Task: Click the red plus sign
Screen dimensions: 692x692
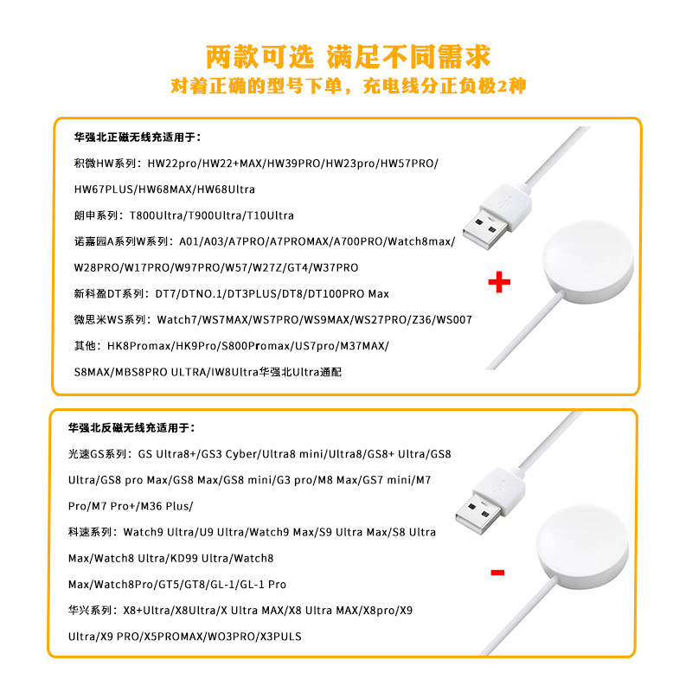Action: point(498,283)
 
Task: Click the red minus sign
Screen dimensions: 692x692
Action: point(497,572)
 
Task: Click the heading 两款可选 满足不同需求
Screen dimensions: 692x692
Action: point(348,56)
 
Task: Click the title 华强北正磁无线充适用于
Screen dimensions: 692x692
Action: point(138,137)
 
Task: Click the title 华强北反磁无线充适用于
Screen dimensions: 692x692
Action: point(131,427)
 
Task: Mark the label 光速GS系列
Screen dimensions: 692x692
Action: point(97,453)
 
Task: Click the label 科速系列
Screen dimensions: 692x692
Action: point(92,532)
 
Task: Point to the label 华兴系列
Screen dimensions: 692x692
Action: point(92,610)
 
